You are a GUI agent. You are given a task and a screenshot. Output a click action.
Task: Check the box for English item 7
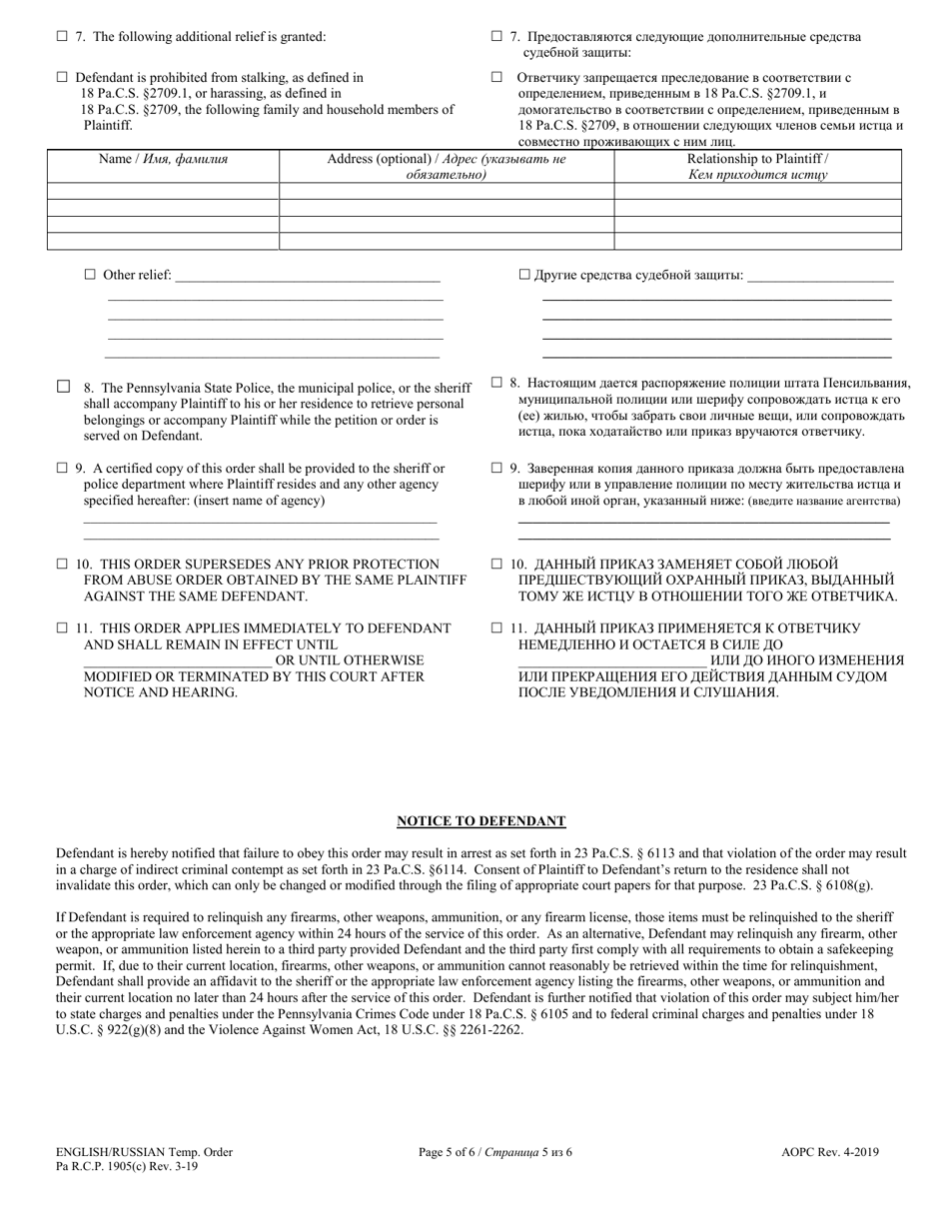point(62,37)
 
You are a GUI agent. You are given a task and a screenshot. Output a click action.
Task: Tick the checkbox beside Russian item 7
point(496,37)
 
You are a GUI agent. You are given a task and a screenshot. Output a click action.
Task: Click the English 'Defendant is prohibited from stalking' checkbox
point(62,77)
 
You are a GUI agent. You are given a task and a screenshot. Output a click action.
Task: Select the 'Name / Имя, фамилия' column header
point(163,159)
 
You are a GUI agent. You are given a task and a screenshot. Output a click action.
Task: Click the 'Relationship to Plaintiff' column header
point(757,166)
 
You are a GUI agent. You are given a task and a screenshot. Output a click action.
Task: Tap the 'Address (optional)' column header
point(447,166)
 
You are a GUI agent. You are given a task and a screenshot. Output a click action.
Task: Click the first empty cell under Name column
point(163,191)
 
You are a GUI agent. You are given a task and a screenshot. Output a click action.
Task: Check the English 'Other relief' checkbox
point(90,275)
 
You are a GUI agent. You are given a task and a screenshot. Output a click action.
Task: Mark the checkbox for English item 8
point(63,387)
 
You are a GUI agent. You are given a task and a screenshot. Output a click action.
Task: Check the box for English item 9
point(62,468)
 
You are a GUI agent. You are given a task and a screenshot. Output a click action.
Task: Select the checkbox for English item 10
point(62,565)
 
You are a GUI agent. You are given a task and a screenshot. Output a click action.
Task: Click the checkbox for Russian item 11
point(496,628)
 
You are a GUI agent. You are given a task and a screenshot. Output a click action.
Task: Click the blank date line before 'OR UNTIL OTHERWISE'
point(177,661)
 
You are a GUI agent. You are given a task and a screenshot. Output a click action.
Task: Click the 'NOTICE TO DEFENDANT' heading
point(481,821)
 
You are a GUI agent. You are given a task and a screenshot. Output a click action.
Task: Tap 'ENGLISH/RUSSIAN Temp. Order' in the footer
point(144,1152)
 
